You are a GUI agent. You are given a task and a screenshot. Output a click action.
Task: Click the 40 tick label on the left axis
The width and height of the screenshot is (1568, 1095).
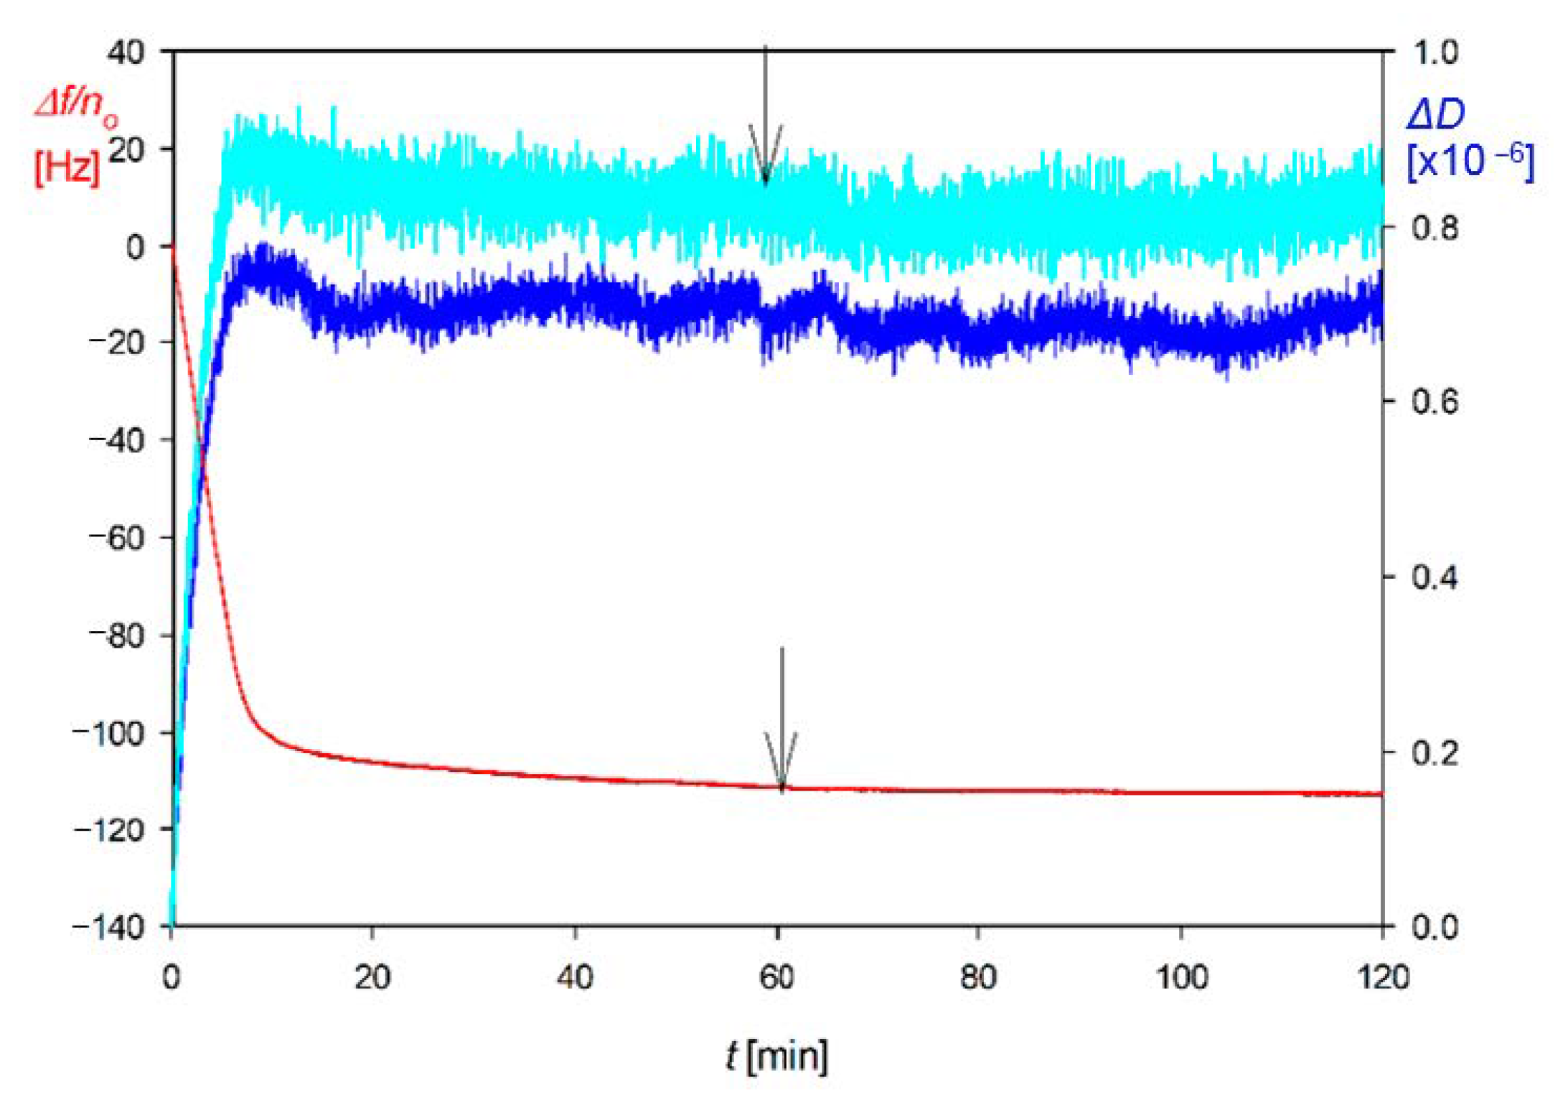[126, 52]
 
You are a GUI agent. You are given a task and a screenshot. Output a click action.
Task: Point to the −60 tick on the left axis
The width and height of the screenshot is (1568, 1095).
[116, 538]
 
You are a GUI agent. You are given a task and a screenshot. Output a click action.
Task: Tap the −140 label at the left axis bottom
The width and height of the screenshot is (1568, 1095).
[109, 927]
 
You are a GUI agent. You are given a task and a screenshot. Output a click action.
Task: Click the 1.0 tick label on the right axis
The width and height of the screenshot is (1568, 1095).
[1435, 52]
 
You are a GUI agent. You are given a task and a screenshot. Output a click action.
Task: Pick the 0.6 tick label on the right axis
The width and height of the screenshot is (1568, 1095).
[1435, 401]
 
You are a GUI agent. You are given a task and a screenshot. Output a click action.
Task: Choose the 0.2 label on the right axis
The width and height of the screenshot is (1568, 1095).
[1435, 753]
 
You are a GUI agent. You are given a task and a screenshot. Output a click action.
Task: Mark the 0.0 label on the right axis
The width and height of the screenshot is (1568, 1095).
[1435, 927]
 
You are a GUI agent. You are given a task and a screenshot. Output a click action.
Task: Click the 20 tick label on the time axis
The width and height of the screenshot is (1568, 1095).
[372, 977]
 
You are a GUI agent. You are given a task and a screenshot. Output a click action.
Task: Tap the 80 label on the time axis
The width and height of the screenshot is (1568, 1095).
[978, 977]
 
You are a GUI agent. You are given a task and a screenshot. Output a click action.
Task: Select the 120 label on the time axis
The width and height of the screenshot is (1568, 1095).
[1383, 977]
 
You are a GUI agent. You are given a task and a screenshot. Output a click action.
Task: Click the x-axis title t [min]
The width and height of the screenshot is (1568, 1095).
[776, 1056]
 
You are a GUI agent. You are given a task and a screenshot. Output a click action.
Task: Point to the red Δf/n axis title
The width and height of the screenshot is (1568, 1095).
[76, 108]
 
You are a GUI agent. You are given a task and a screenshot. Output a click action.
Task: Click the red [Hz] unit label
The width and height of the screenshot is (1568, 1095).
[67, 167]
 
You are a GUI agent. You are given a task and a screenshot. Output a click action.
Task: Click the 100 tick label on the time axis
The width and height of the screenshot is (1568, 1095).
[1181, 977]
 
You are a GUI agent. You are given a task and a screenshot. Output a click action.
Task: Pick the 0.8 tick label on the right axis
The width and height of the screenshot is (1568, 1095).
[1435, 228]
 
